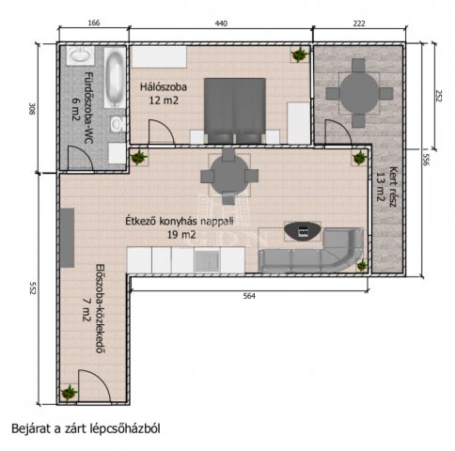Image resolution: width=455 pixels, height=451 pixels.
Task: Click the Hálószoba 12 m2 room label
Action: click(x=164, y=93)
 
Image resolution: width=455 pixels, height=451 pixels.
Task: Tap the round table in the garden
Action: click(x=358, y=92)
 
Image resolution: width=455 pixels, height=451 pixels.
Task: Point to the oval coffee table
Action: click(x=303, y=229)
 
